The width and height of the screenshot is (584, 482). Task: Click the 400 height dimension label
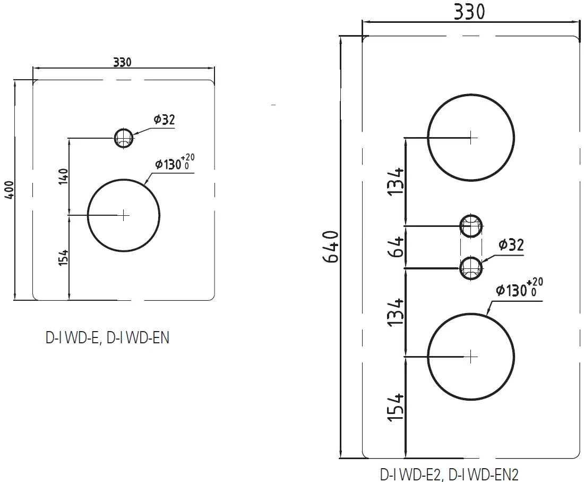pos(10,190)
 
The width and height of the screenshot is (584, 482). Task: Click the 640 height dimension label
pos(331,247)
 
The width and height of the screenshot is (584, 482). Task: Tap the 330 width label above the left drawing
pos(123,62)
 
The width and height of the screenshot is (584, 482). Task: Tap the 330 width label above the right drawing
pos(469,12)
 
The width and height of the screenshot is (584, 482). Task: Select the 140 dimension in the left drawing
pos(64,176)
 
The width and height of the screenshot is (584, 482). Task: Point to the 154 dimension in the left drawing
pos(64,257)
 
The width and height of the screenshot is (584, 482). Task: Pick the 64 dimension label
pos(396,247)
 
